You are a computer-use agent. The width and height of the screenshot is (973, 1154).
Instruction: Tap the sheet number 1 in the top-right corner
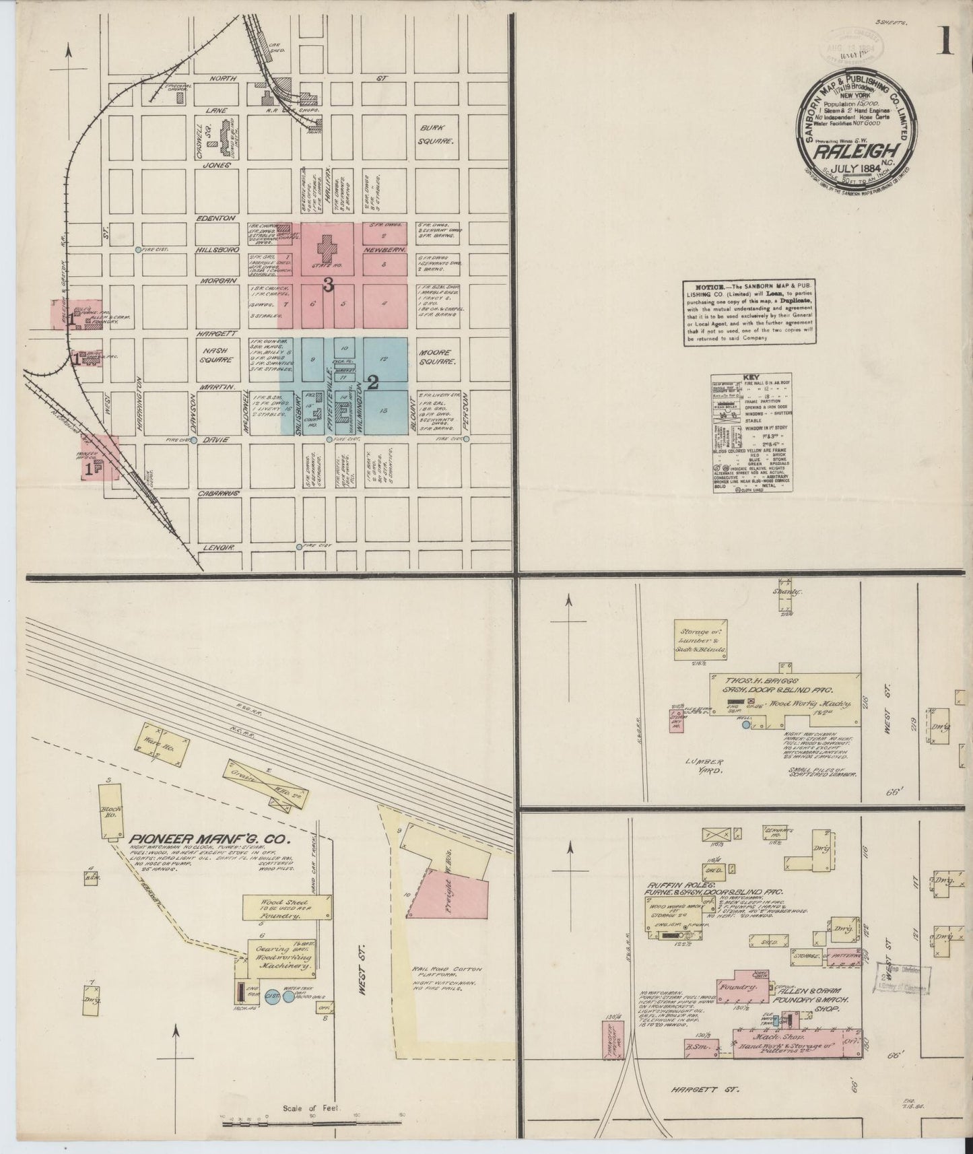coord(947,42)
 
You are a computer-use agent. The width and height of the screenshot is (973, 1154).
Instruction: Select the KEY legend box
coord(751,434)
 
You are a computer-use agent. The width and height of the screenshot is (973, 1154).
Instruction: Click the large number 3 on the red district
coord(328,285)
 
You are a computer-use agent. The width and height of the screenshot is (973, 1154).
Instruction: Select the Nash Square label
coord(217,355)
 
